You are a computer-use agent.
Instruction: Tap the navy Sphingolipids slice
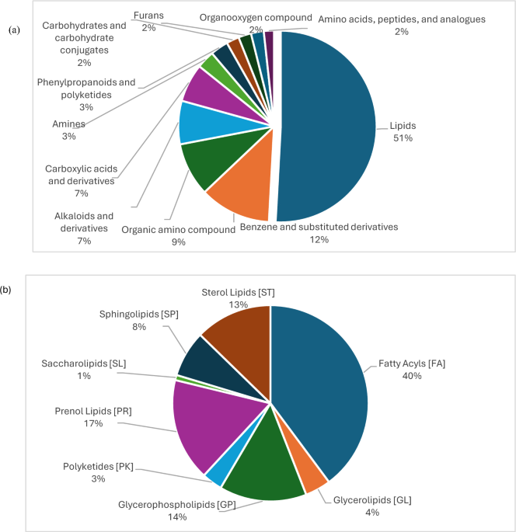[x=200, y=361]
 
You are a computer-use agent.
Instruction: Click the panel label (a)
[x=14, y=30]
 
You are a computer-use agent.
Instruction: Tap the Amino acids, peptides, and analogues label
[x=401, y=18]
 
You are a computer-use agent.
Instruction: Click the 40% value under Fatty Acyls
[x=412, y=376]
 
